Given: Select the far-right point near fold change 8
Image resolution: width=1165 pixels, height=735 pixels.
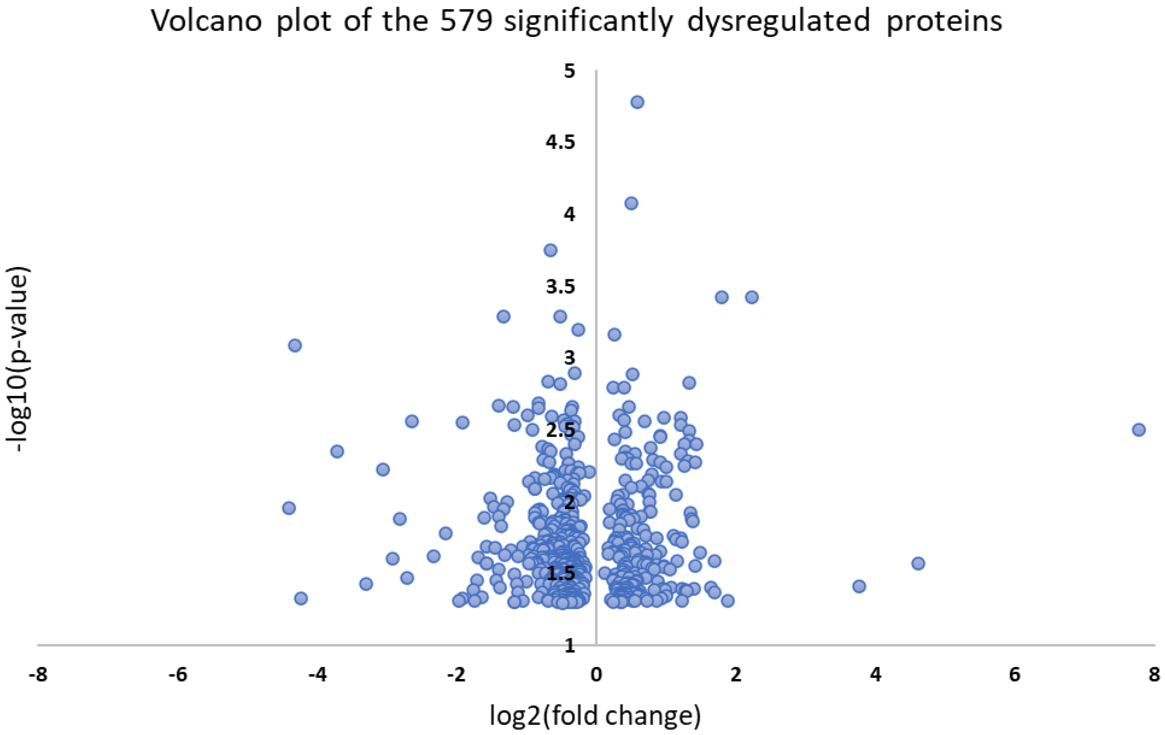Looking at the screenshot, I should pos(1139,429).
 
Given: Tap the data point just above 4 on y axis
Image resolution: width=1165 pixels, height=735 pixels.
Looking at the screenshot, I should pos(631,203).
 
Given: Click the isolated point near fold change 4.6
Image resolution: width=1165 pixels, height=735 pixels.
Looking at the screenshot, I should pos(918,563).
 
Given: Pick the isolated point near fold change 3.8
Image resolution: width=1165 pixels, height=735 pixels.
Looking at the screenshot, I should pos(859,586).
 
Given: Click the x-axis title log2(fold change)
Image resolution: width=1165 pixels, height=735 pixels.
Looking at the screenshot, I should pos(595,716).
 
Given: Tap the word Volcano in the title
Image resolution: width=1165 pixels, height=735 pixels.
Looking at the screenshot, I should pos(207,22).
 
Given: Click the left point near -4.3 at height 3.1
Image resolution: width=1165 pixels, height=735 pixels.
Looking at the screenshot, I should pos(295,345).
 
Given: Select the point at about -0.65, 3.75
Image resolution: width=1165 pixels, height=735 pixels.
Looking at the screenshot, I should pos(550,250).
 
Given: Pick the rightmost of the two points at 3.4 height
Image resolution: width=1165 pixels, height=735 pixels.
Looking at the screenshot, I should pos(751,297).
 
